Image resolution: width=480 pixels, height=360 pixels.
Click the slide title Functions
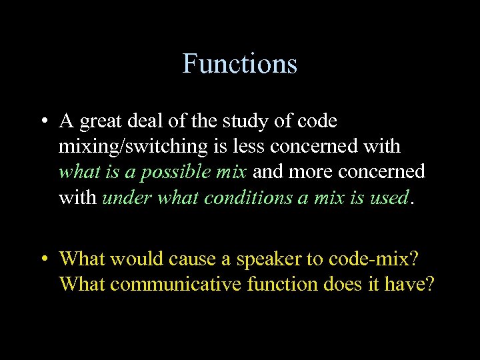239,64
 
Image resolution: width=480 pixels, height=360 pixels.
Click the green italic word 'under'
125,197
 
